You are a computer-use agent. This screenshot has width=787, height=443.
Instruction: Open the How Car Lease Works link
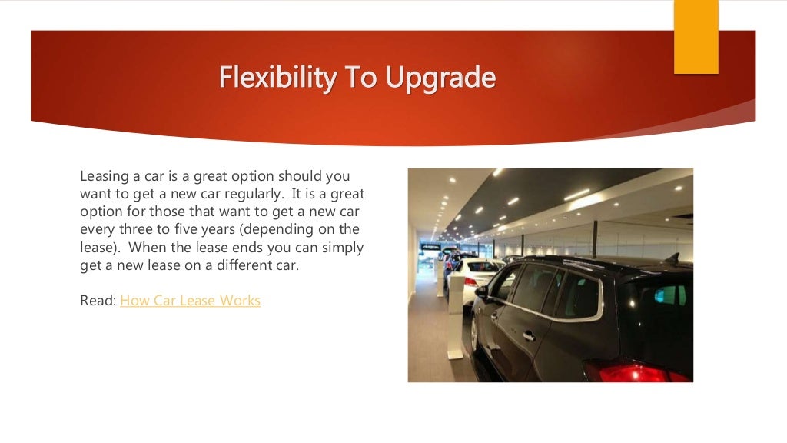(190, 300)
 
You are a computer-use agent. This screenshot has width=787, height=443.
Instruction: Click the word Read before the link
(98, 300)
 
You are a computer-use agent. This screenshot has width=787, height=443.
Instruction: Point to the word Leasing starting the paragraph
(105, 175)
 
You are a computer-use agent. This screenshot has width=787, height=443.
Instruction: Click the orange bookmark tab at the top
(696, 36)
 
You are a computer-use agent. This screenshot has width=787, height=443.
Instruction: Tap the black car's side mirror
(482, 292)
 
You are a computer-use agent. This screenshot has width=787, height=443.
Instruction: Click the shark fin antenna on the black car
(674, 258)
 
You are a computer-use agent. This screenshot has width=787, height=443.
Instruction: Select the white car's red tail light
(470, 281)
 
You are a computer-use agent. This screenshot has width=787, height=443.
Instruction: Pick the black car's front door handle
(529, 335)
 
